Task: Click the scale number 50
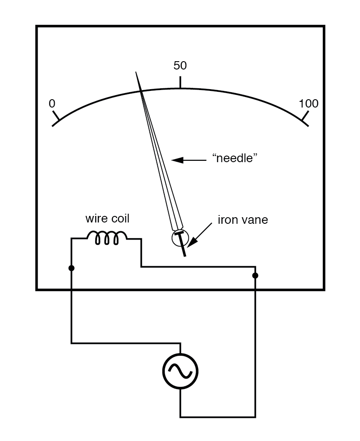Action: [180, 66]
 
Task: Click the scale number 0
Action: [52, 104]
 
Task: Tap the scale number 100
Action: [308, 104]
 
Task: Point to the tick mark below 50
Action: [180, 82]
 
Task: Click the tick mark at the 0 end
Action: [56, 118]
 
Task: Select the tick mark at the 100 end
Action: [305, 118]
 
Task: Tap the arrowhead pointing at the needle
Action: [176, 160]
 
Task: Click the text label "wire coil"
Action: [107, 219]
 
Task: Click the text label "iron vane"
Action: [243, 220]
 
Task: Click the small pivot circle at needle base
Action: [179, 237]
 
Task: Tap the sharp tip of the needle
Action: [137, 73]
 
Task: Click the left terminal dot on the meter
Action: [71, 267]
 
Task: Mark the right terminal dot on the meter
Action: [255, 275]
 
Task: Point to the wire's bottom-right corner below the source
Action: [255, 417]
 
